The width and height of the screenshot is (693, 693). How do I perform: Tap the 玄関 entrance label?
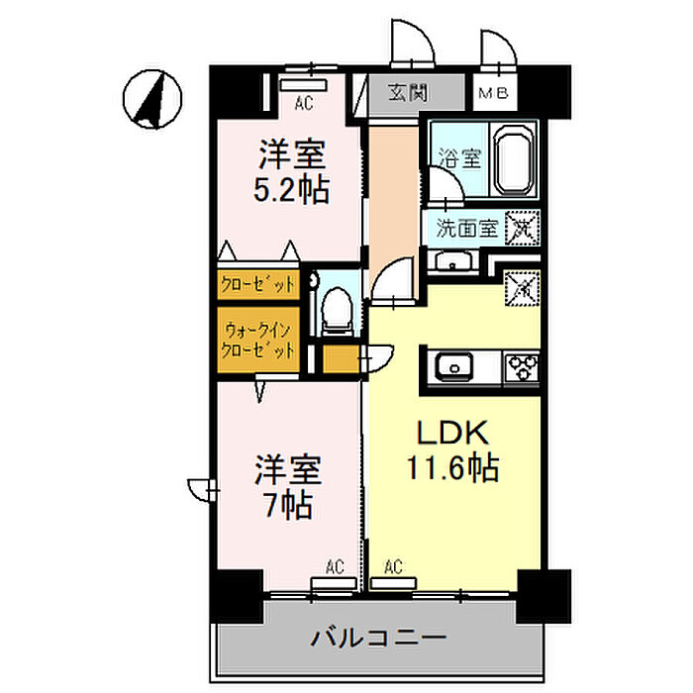407,95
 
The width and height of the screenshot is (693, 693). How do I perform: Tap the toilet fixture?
336,306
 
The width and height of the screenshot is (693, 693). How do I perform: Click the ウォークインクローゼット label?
257,339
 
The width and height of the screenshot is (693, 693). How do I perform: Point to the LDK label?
450,434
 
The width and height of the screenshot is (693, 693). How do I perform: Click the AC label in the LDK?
393,567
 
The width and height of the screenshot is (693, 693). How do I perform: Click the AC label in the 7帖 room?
334,567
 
